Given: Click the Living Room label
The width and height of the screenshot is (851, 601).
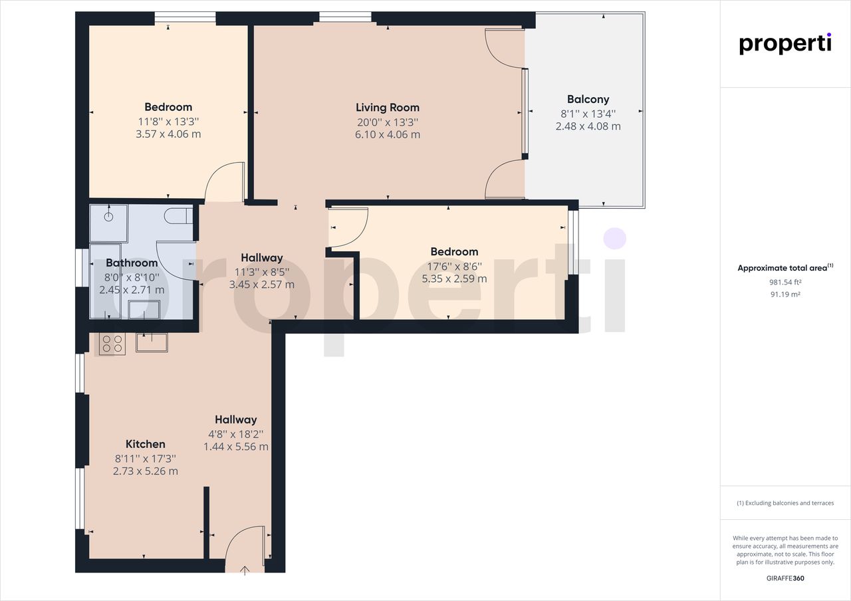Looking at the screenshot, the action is [x=388, y=108].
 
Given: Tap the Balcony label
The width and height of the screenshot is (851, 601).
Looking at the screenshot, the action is [x=588, y=100].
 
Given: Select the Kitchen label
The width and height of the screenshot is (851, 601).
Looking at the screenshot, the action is [x=145, y=443].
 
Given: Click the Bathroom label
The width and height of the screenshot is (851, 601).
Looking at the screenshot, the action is [x=132, y=263].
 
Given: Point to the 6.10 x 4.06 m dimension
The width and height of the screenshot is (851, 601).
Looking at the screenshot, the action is [x=388, y=134].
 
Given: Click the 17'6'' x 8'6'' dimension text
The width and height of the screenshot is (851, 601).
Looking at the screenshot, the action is [x=454, y=266].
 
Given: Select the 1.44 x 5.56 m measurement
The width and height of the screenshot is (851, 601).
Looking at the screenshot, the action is [x=236, y=446].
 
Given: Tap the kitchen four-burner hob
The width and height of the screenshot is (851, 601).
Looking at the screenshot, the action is [x=112, y=344].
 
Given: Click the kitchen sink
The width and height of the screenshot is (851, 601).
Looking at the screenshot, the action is [x=152, y=342].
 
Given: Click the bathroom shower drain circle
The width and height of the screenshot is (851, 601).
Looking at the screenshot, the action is [x=109, y=217].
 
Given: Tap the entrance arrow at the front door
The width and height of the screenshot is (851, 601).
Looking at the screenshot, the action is [x=245, y=570].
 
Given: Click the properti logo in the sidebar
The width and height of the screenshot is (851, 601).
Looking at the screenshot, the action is [x=785, y=44].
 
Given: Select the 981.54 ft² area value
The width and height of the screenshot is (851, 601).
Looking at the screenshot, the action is [x=785, y=283].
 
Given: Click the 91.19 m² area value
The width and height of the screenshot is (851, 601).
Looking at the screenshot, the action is [x=785, y=295].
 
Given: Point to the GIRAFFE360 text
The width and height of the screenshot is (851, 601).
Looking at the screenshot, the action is [x=785, y=578].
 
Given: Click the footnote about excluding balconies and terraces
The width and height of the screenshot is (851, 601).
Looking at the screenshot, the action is [x=785, y=503].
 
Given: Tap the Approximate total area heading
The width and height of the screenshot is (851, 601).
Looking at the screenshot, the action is [x=785, y=268].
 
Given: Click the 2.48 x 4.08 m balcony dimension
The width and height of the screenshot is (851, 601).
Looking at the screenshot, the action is [x=588, y=126].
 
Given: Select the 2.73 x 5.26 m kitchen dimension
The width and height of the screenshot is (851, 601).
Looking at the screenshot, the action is [x=145, y=471].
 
